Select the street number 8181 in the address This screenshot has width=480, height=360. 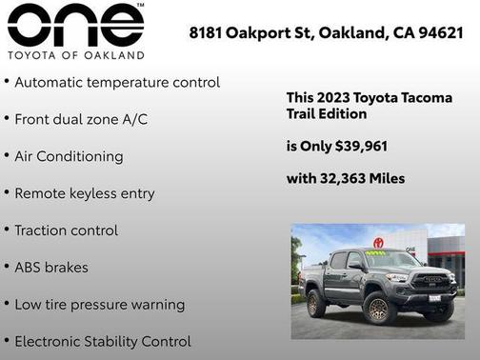(207, 32)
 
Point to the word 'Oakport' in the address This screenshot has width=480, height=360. (262, 32)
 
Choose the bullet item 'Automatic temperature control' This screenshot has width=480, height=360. (117, 83)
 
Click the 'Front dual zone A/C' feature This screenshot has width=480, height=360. (81, 120)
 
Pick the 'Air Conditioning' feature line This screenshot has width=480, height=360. (69, 156)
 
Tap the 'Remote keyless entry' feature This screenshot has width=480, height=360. (84, 193)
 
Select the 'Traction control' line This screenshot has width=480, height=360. (67, 230)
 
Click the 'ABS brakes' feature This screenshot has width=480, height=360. (51, 268)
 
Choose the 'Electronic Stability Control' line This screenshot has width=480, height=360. (103, 341)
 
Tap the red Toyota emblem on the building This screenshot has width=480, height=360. (378, 243)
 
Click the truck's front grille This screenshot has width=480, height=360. (433, 282)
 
